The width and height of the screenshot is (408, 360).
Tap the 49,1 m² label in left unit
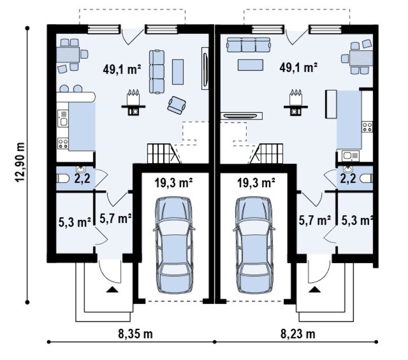122,69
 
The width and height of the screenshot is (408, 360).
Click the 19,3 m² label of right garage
256,183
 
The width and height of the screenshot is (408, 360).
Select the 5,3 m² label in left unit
75,222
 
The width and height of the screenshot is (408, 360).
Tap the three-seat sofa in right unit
248,45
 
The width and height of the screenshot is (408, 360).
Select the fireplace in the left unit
133,102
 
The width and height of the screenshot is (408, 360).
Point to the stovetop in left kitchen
63,143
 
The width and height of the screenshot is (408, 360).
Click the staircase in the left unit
164,153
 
